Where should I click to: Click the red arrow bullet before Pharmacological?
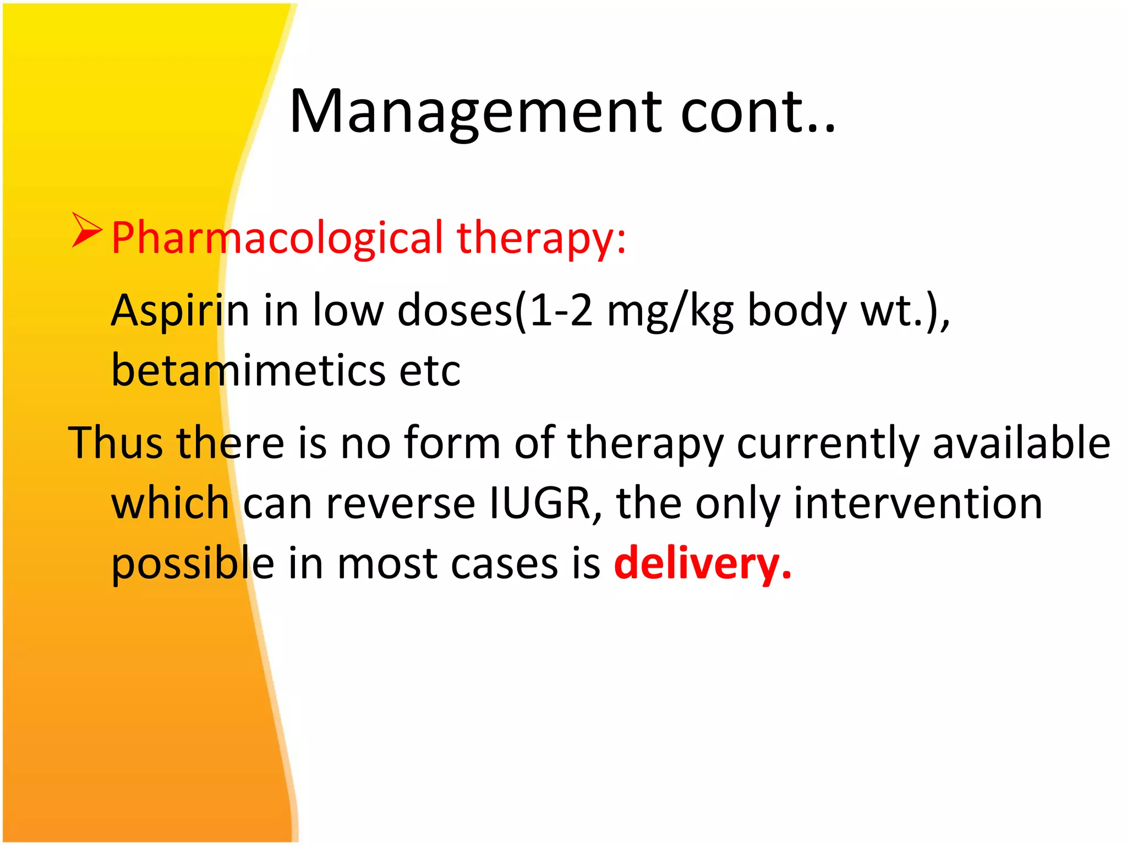point(86,231)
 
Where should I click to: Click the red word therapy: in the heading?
point(541,238)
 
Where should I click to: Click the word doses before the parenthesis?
point(455,311)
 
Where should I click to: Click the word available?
point(1021,443)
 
